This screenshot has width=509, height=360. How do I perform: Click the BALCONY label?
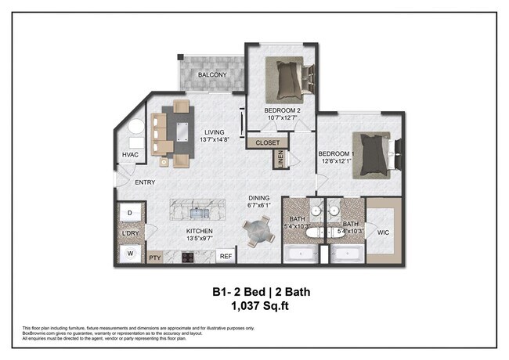point(211,75)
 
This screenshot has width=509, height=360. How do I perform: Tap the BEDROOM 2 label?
point(283,110)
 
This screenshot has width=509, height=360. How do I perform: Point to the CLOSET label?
point(267,143)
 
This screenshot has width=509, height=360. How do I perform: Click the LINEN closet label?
point(280,159)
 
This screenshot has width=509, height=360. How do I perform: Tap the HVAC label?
point(130,155)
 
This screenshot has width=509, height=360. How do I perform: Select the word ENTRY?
point(145,182)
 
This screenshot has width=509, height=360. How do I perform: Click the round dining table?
point(258,231)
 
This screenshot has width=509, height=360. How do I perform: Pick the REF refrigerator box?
point(226,256)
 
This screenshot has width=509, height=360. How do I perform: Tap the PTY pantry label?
point(154,256)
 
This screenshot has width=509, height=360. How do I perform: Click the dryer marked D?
point(130,212)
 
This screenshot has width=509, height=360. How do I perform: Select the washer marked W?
point(130,254)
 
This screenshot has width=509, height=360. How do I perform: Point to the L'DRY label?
point(129,233)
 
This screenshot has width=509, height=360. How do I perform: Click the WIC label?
point(384,232)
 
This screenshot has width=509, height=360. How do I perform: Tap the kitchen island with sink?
point(197,209)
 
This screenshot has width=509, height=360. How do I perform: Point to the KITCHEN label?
point(200,232)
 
